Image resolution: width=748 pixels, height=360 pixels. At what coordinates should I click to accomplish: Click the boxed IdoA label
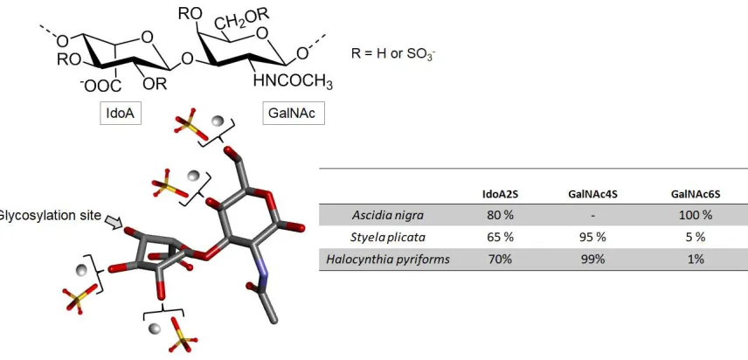pos(121,114)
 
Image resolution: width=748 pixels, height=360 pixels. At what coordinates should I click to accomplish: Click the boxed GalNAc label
pos(294,114)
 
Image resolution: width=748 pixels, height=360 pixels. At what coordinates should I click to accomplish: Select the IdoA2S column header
pos(501,194)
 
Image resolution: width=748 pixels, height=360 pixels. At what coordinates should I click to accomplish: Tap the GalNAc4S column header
pos(592,194)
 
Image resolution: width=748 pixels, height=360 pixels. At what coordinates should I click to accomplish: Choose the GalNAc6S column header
pos(696,194)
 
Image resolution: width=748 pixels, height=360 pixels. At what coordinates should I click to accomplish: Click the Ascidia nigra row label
pos(387,216)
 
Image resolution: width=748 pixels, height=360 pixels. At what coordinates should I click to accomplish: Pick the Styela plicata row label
pos(387,238)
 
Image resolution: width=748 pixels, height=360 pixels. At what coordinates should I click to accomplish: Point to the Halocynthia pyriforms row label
pos(388,260)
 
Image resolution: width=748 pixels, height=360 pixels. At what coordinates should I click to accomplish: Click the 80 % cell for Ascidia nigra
pos(501,215)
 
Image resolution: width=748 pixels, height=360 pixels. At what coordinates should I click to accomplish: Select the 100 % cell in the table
pos(696,215)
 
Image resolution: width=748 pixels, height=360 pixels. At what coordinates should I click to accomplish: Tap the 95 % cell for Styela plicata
pos(592,238)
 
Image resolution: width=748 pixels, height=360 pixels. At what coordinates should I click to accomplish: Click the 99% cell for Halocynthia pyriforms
pos(592,260)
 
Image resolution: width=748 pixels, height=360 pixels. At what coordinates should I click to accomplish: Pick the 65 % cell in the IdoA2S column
pos(501,238)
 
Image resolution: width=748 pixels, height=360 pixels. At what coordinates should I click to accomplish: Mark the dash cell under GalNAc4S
pos(592,216)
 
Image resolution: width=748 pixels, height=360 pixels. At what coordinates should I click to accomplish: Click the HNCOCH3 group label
pos(293,82)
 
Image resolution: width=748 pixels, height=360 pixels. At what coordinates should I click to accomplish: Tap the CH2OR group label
pos(241,19)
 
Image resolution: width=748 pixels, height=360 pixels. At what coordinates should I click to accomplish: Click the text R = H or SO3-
pos(393,54)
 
